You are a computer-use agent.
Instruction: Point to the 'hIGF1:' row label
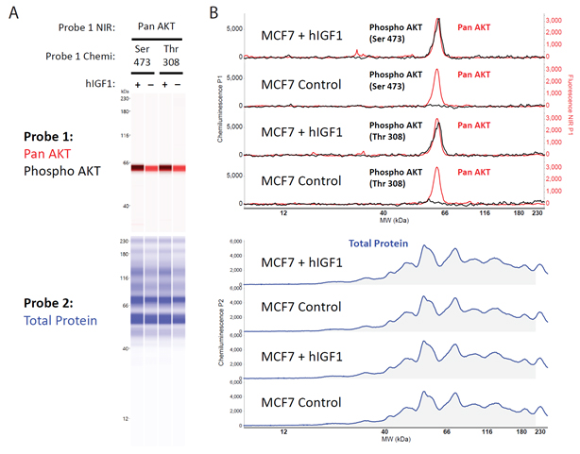[98, 85]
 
